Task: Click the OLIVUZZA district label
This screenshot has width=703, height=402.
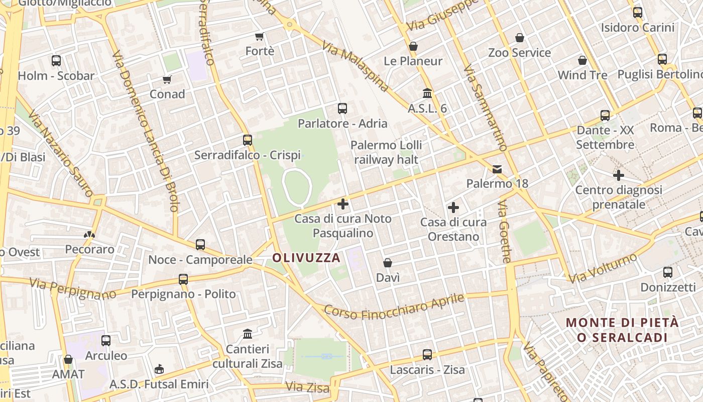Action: [x=306, y=258]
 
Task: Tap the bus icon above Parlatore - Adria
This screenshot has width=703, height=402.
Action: [x=342, y=108]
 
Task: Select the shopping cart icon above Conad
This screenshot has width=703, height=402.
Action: [x=167, y=79]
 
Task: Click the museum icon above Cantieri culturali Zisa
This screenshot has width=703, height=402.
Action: [x=248, y=334]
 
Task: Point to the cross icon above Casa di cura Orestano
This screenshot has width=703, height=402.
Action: [x=453, y=207]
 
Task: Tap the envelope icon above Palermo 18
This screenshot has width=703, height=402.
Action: [x=497, y=169]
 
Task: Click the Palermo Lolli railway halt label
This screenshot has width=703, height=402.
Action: [x=386, y=152]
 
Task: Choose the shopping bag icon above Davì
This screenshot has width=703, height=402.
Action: [x=388, y=263]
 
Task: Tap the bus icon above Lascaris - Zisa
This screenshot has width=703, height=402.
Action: [x=427, y=355]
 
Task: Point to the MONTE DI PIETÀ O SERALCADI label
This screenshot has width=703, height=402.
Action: [x=622, y=330]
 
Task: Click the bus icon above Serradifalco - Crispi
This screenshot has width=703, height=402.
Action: [x=248, y=140]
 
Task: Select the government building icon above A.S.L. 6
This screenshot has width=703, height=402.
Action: [x=427, y=93]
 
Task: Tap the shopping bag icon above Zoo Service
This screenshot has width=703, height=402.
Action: [x=520, y=38]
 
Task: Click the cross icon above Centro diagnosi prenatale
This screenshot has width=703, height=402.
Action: [x=619, y=175]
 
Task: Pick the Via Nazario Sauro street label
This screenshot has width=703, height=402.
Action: [x=61, y=153]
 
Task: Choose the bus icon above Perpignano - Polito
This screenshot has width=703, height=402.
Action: [x=183, y=279]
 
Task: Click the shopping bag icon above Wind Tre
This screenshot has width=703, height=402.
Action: [x=582, y=60]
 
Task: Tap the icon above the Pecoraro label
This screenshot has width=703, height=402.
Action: [x=89, y=234]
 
